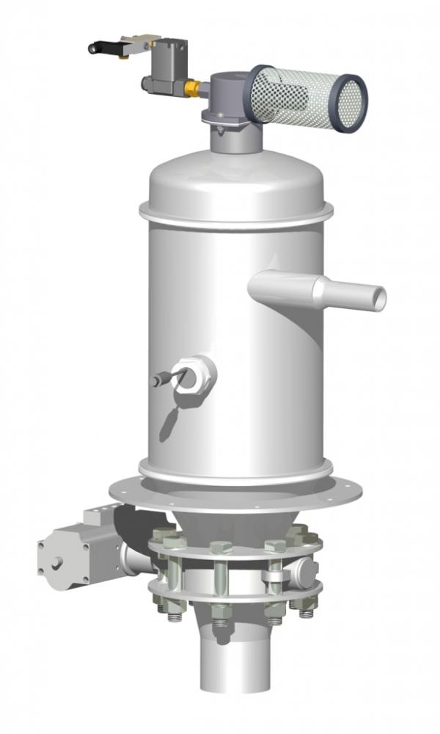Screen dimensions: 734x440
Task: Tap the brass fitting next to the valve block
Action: tap(192, 88)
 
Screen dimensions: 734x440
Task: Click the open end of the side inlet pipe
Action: tap(378, 299)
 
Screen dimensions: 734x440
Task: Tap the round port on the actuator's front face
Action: tap(56, 564)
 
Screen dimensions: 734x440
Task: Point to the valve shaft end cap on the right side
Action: tap(309, 571)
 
